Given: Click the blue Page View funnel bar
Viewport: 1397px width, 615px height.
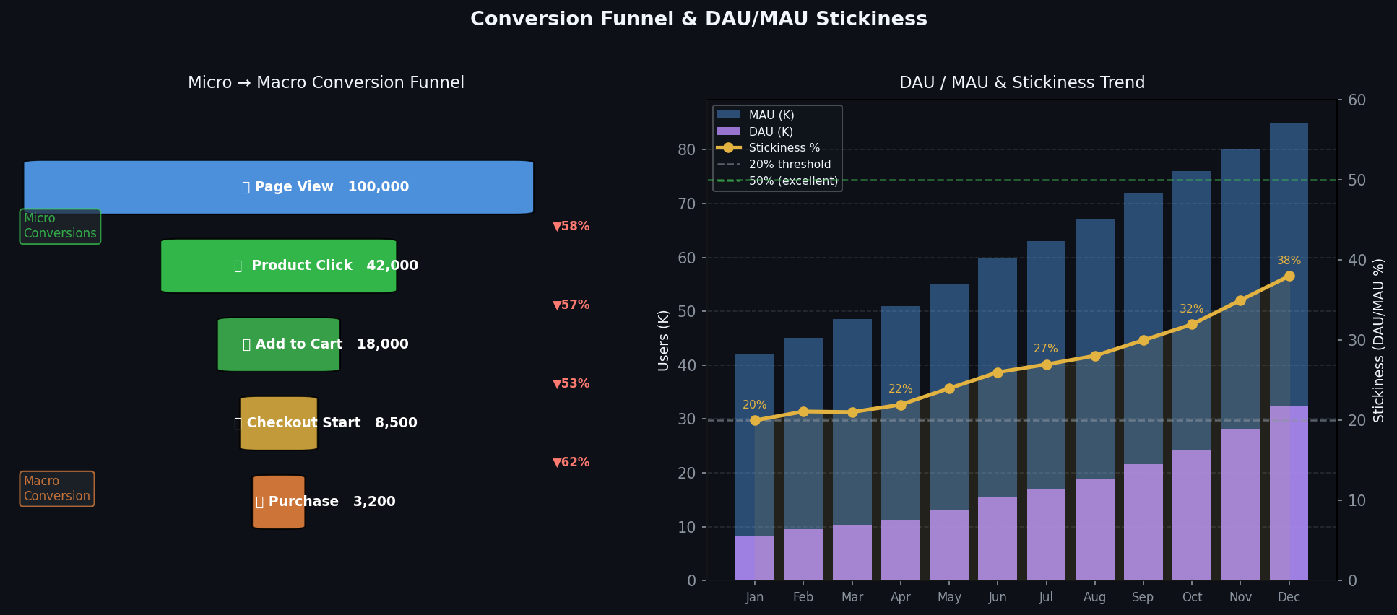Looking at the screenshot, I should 279,187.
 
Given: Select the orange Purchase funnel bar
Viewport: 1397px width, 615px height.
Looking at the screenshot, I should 279,502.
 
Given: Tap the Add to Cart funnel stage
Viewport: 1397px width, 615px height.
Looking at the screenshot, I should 279,344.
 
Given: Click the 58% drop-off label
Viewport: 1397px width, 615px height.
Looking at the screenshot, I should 571,227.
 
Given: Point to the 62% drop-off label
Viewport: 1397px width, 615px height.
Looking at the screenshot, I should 571,463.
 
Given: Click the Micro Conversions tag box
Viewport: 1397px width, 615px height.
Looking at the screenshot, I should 60,226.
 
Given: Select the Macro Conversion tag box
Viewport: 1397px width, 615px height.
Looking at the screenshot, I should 57,489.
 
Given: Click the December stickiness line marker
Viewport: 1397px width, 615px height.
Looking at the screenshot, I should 1289,276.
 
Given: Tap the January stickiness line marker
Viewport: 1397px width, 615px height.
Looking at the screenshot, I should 755,420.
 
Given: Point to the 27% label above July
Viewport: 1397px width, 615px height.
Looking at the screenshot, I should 1045,349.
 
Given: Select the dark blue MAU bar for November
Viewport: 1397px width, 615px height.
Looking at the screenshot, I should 1240,289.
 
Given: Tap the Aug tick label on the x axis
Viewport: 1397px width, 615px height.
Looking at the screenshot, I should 1094,597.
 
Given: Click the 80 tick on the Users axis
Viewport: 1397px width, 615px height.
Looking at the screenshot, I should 687,150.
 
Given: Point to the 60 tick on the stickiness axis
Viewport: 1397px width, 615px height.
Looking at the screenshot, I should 1357,100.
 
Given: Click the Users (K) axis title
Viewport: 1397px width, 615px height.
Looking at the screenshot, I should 663,340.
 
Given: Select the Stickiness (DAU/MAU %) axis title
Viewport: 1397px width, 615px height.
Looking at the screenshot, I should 1379,340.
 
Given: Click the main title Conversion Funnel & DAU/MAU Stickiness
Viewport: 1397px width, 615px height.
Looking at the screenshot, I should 698,19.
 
